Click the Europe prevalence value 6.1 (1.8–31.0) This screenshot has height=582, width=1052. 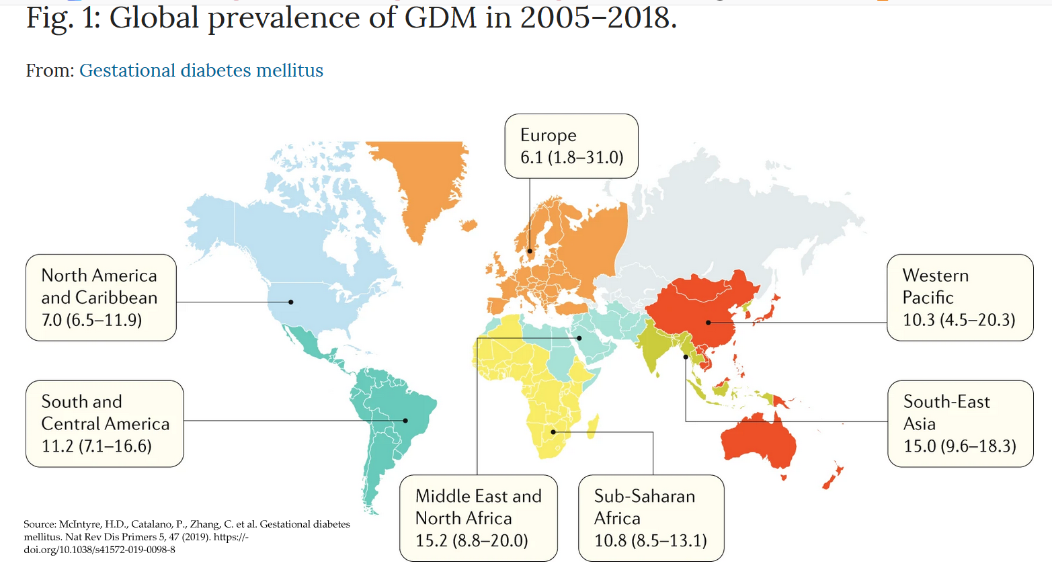pos(571,157)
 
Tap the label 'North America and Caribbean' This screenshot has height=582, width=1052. pos(99,286)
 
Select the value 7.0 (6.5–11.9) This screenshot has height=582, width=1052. pos(91,319)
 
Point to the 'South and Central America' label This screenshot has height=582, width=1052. pos(105,413)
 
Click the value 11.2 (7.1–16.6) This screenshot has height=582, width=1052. pos(96,446)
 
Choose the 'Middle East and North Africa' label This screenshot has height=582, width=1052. pos(478,507)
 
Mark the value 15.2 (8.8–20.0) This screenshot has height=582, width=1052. pos(471,540)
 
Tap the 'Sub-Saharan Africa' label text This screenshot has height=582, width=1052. pos(644,507)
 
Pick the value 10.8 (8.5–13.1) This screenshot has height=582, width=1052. pos(650,540)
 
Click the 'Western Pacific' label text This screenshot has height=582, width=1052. pos(935,286)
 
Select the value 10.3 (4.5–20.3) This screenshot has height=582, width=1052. pos(959,319)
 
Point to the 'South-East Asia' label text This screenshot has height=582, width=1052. pos(946,413)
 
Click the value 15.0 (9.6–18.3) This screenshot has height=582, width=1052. pos(959,446)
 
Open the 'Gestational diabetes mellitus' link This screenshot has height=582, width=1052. pos(201,71)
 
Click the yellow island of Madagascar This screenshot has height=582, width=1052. pos(592,427)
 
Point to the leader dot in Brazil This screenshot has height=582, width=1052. pos(405,421)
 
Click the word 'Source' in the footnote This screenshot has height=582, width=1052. pos(40,524)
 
